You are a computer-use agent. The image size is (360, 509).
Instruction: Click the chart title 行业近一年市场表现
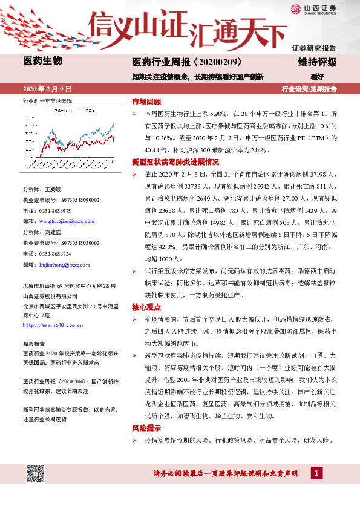point(47,101)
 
